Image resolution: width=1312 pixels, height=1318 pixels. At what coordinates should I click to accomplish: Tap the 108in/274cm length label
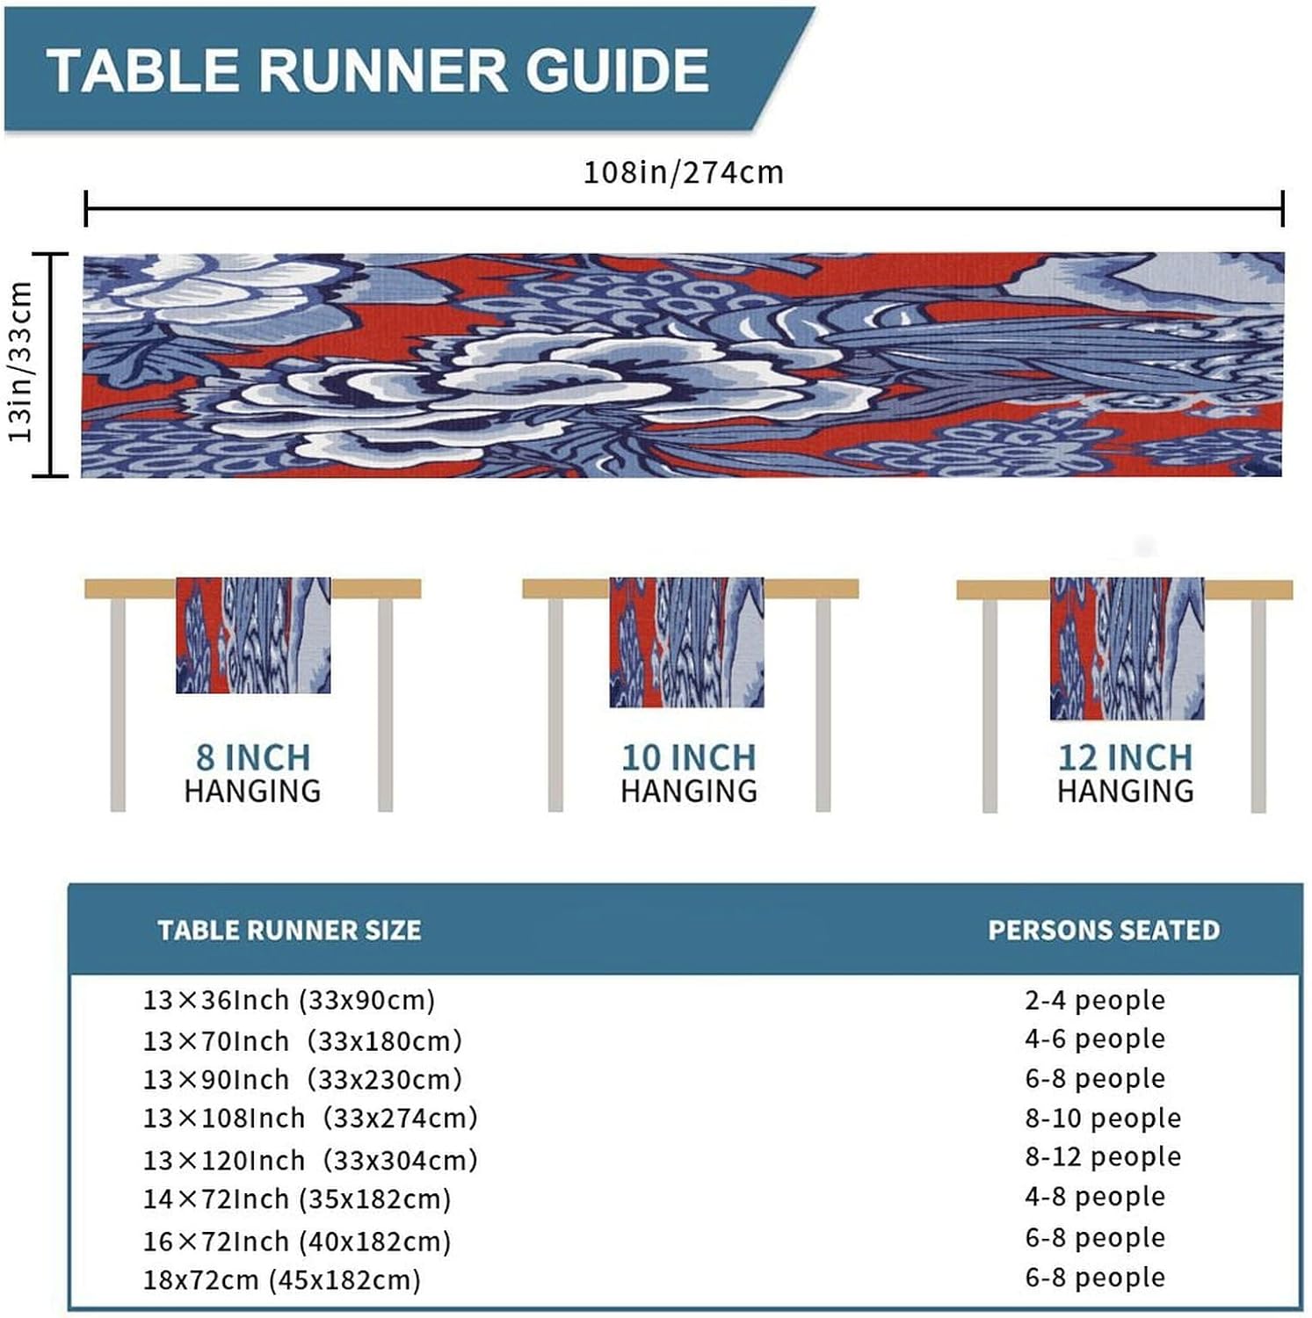[x=683, y=172]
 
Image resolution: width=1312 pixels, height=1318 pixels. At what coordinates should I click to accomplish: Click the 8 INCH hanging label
[x=252, y=757]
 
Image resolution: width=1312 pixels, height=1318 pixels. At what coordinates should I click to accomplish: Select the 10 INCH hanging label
[x=688, y=757]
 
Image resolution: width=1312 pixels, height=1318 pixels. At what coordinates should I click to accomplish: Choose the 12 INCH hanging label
[x=1125, y=757]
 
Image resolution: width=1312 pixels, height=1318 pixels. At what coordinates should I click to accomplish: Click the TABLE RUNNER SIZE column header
[x=289, y=931]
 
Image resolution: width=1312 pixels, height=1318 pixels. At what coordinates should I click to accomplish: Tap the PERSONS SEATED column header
[x=1104, y=931]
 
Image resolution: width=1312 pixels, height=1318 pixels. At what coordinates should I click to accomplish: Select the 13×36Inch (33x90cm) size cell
[x=289, y=1000]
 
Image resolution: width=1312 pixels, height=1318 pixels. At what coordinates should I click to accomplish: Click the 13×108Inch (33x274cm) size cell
[x=310, y=1119]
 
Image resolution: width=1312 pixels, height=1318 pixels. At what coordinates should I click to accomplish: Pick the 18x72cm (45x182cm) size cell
[x=282, y=1279]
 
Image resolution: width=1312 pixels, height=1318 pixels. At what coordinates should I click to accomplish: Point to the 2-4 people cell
[x=1095, y=1000]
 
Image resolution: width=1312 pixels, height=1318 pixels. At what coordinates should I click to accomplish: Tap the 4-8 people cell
[x=1095, y=1197]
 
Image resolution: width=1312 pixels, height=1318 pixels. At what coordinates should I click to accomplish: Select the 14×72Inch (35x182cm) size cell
[x=297, y=1199]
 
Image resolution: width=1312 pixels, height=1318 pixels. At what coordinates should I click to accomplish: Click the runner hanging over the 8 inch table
[x=253, y=635]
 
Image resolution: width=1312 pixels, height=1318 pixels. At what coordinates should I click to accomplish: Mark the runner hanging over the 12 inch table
[x=1127, y=648]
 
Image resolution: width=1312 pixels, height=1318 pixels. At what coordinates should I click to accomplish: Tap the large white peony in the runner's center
[x=545, y=387]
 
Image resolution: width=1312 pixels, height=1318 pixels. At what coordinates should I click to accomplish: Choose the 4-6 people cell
[x=1095, y=1039]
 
